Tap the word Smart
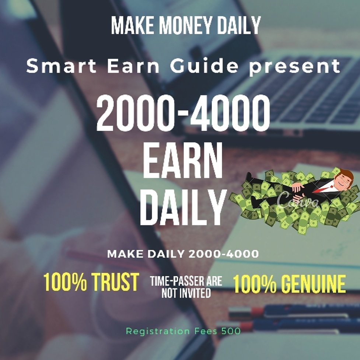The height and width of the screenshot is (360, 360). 52,66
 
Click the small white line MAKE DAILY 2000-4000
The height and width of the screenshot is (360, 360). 183,254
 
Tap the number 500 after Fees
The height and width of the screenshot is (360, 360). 231,331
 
